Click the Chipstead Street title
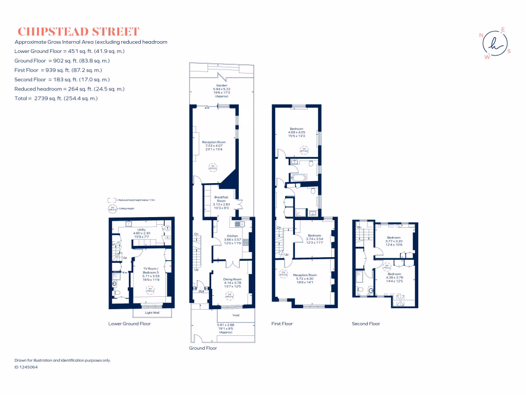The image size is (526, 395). coord(78,31)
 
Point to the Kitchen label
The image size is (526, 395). coord(233,236)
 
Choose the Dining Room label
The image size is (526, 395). coord(232,279)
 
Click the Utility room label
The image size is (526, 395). coord(142,229)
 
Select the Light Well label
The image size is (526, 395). coord(152,313)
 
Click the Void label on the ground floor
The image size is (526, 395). coord(236,315)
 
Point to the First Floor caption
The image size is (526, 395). coord(282,324)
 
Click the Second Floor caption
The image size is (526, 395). coord(366,324)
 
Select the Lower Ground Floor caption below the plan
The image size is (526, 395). coord(129,324)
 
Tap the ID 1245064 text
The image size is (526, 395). coord(26,367)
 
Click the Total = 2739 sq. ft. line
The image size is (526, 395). coord(56,98)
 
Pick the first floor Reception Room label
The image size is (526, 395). coord(305,275)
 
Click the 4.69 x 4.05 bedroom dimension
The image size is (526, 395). coord(296,133)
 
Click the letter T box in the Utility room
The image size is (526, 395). coord(166,228)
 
